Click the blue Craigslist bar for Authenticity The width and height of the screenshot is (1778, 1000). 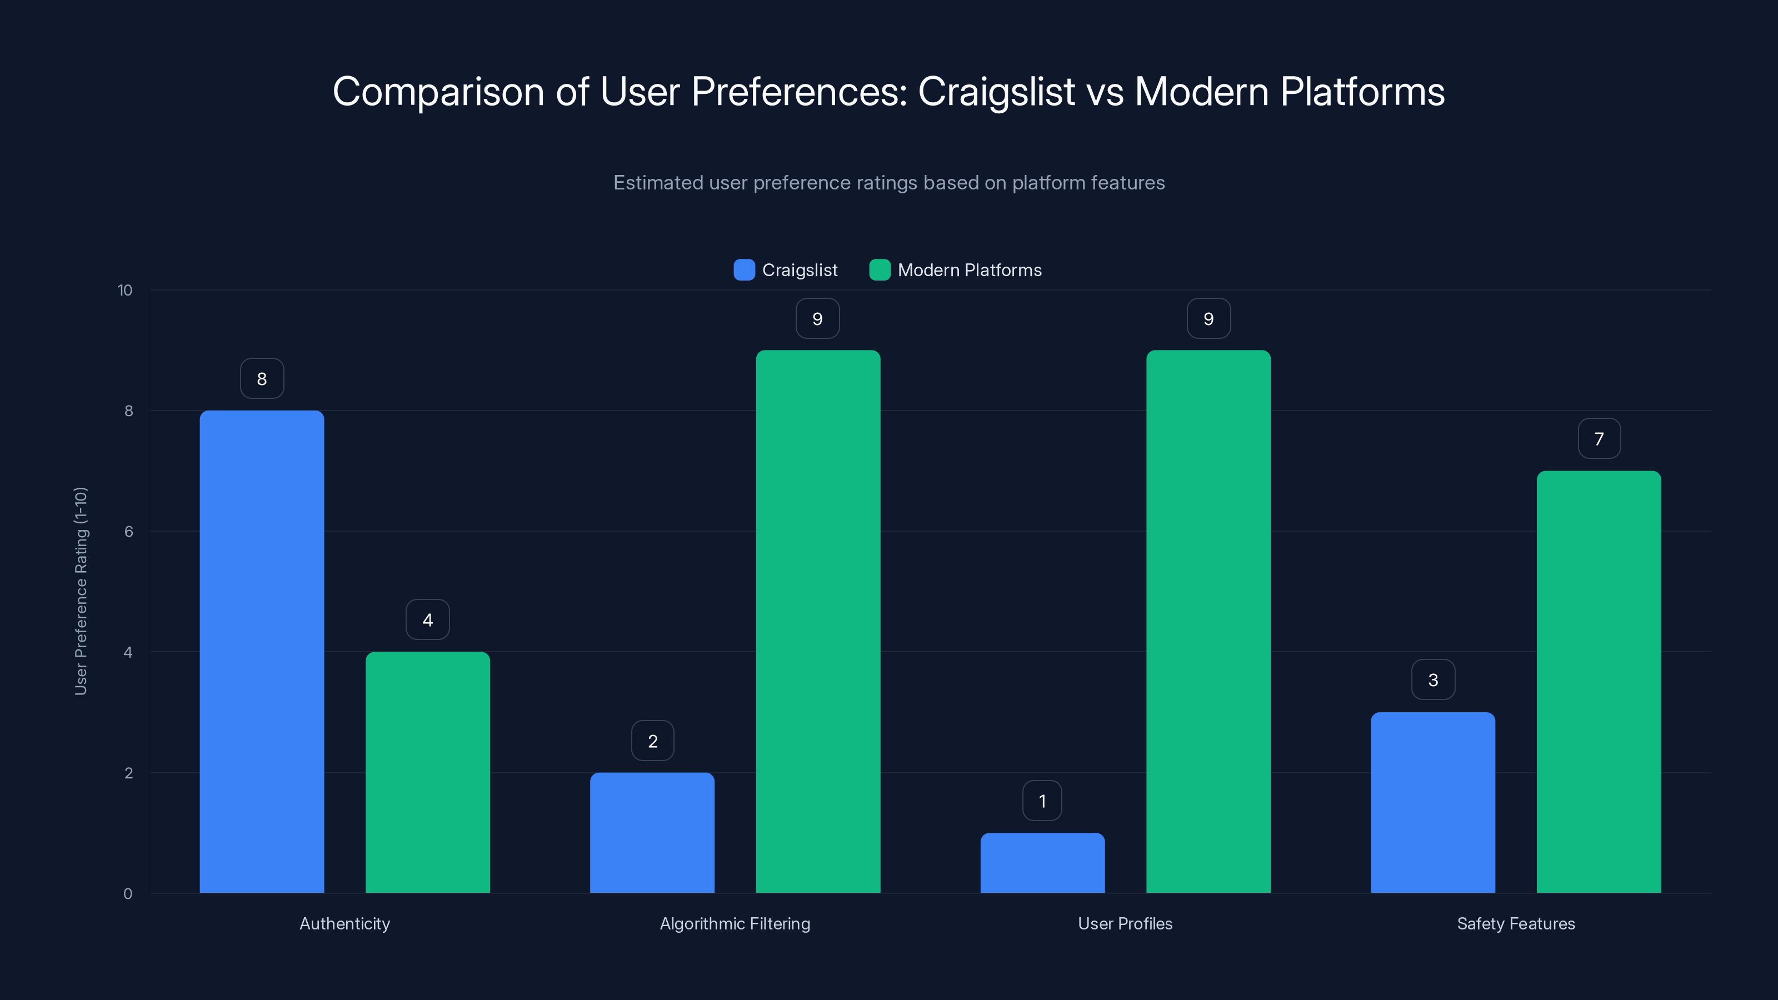(262, 652)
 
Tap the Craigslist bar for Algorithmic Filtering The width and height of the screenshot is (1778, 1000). (652, 832)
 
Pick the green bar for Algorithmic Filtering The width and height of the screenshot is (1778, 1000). (818, 621)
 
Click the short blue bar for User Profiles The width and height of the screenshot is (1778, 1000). (1042, 863)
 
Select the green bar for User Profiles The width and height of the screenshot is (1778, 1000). (1208, 621)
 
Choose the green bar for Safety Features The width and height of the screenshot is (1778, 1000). (1599, 682)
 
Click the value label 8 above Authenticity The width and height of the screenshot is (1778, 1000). (262, 378)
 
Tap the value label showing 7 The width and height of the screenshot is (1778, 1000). (1599, 438)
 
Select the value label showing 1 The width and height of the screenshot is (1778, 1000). (1042, 801)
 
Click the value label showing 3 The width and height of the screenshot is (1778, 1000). (1433, 680)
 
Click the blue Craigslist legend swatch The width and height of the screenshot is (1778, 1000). (744, 270)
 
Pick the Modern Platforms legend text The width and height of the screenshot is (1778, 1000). (969, 270)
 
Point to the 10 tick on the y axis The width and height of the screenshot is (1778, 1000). (125, 290)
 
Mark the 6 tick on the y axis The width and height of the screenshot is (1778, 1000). (128, 532)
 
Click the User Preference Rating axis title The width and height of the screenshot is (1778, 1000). (81, 591)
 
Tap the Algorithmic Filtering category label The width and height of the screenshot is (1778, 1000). (735, 923)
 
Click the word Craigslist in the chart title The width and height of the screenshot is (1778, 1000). (996, 92)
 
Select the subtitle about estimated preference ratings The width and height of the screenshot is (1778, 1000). (888, 182)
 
